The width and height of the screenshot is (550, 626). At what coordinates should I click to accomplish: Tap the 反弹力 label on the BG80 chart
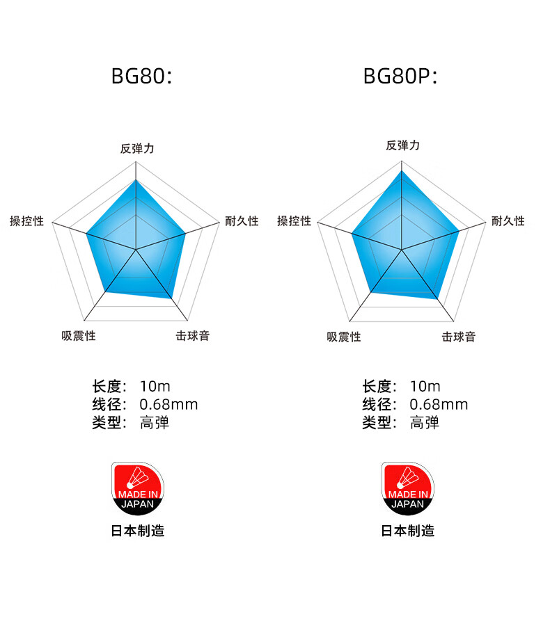point(136,148)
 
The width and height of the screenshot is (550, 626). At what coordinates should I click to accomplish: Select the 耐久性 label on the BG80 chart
point(242,221)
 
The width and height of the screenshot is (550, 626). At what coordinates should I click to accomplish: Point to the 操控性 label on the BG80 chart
point(26,221)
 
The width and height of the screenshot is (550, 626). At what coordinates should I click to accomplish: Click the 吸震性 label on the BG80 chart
point(79,336)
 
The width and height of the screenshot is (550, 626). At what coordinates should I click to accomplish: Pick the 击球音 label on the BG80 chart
point(192,336)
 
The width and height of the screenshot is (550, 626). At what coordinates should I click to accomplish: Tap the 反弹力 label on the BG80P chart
point(403,145)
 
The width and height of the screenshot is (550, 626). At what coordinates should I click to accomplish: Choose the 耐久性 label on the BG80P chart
point(508,221)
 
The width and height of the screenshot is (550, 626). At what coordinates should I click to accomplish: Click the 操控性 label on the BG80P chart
point(294,221)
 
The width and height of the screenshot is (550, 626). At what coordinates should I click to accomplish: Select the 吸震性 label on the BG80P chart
point(344,337)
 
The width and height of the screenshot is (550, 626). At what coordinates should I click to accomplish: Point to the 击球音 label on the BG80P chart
point(459,337)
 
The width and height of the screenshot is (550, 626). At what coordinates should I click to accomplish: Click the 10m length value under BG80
point(155,387)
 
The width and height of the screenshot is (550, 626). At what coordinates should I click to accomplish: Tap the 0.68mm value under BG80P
point(439,405)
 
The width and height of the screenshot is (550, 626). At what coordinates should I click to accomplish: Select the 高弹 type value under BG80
point(155,422)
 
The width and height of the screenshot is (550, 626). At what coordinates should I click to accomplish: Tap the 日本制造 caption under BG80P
point(407,531)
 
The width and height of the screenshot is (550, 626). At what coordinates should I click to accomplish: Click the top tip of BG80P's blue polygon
point(402,171)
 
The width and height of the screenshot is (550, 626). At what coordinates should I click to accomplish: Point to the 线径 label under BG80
point(108,405)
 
